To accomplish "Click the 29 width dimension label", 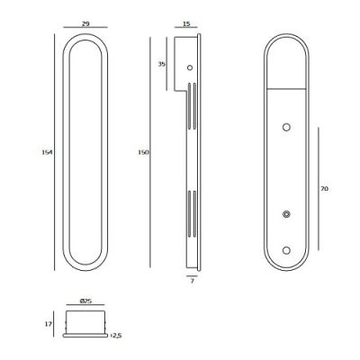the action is tap(85, 23).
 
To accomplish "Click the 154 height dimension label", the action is tap(47, 152).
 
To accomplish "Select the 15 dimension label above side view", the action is tap(186, 23).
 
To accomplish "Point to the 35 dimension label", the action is tap(162, 64).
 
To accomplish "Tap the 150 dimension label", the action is tap(143, 152).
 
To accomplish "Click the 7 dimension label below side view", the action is tap(193, 281).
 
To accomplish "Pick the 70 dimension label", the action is tap(324, 189).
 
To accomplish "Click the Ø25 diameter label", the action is tap(85, 301).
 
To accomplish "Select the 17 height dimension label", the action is tap(48, 324).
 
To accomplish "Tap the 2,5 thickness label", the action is tap(116, 336).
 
